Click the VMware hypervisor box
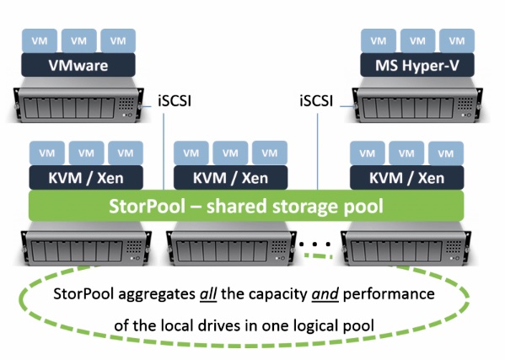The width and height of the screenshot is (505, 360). pos(78,65)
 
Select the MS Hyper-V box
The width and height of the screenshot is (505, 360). pos(417,65)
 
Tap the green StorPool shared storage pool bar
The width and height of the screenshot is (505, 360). pos(246,206)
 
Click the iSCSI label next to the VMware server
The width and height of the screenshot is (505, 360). pos(175,101)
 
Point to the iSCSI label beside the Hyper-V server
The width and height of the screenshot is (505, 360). pos(316,101)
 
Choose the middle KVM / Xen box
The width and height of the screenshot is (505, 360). pos(231,178)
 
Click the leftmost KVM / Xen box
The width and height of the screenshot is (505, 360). pos(86,178)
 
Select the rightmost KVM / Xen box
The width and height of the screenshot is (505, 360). pos(406,178)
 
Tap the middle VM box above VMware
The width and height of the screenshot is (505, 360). pos(79,41)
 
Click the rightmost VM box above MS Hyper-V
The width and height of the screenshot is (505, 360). pos(457,41)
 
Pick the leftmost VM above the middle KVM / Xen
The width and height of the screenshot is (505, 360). pos(191,153)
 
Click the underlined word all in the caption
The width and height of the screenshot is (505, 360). pos(208,294)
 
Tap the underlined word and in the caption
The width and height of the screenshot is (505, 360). pos(325,294)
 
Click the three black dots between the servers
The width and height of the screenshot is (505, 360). pos(314,244)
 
